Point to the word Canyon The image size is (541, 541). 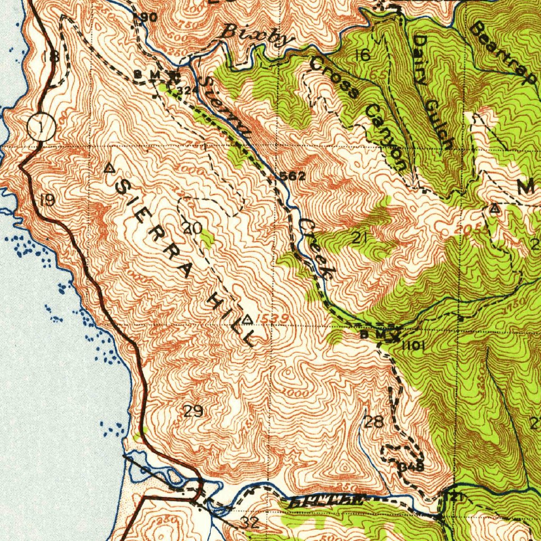(388, 139)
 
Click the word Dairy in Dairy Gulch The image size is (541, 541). (421, 60)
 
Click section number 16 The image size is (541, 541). (362, 55)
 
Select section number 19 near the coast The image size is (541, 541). (46, 200)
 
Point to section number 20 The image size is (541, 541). (192, 228)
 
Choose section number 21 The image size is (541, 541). (359, 238)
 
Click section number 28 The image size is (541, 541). (374, 422)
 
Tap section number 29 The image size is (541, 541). (193, 411)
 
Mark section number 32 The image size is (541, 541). (250, 523)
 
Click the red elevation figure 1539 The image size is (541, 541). (273, 319)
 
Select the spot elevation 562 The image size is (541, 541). (292, 176)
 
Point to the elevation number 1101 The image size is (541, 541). (413, 346)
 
